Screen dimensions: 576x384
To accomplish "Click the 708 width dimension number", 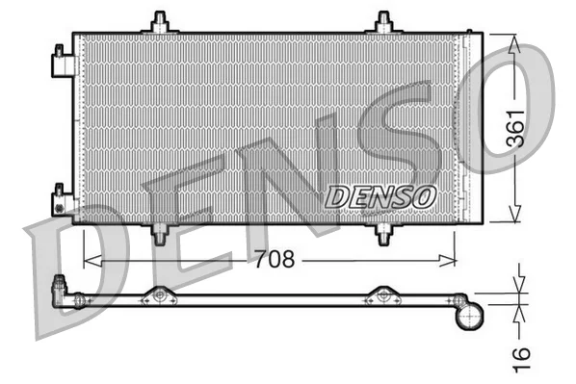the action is [275, 259].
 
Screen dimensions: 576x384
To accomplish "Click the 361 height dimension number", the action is [515, 128].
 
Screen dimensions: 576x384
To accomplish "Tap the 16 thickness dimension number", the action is [521, 359].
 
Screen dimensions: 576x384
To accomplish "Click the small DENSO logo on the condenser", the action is [380, 196].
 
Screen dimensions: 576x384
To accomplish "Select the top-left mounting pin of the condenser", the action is [160, 22].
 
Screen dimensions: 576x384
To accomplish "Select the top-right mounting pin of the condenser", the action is [384, 22].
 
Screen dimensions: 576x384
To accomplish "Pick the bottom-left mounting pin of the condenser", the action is [160, 235].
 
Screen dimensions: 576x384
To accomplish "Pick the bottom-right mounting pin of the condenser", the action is [384, 235].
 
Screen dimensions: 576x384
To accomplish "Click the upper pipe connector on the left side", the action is [62, 62].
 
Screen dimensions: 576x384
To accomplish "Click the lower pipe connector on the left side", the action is [62, 200].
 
